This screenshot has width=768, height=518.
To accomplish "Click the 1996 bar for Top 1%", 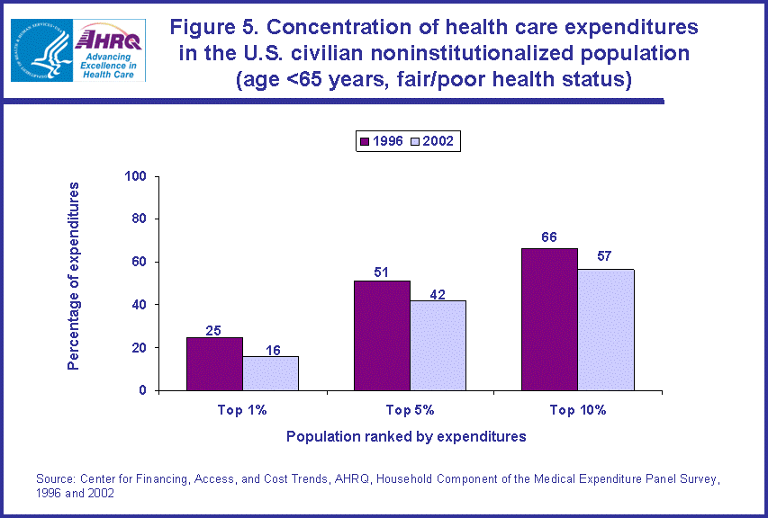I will [x=214, y=364].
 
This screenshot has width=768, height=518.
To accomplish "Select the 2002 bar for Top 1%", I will [x=270, y=373].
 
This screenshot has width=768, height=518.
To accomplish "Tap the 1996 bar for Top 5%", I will [x=382, y=335].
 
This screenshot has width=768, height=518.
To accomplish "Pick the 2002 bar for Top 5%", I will [x=438, y=345].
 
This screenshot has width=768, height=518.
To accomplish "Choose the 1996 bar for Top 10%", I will [x=549, y=319].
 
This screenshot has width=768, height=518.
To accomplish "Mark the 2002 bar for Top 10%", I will [x=605, y=329].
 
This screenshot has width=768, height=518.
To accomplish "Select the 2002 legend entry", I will [x=431, y=141].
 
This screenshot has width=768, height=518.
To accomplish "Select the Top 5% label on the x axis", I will [x=410, y=410].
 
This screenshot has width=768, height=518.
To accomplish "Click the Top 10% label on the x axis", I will [x=577, y=410].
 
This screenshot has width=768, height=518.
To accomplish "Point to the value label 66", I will [x=549, y=237].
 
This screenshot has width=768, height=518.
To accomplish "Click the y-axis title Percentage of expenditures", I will [x=74, y=276].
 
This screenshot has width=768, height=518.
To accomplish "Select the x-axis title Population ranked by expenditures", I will [x=406, y=437].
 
